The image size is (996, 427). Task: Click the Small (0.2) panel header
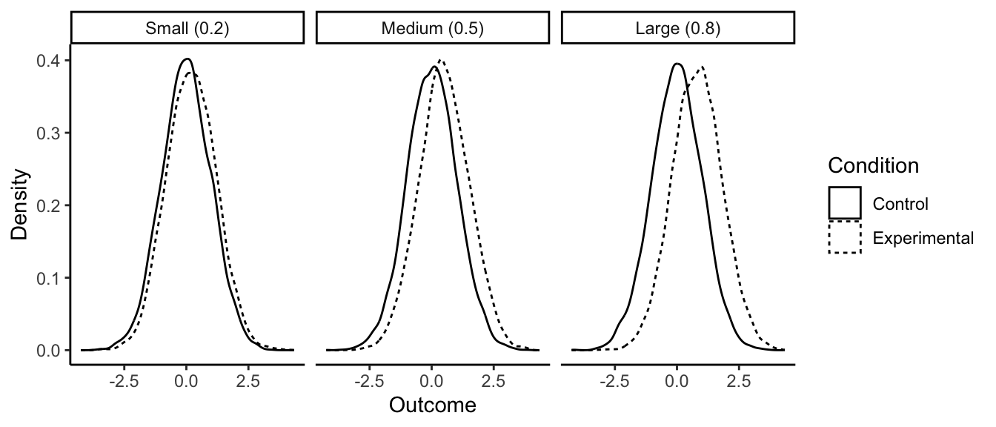click(x=187, y=30)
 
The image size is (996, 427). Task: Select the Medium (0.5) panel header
click(x=432, y=30)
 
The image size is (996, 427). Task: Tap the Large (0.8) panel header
click(x=677, y=30)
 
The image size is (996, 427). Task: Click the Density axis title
click(x=20, y=205)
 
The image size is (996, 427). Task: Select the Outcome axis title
click(x=432, y=406)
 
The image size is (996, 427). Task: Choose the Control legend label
click(x=900, y=203)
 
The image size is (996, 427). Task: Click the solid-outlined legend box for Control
click(x=845, y=203)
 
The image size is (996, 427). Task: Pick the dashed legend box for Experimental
click(x=845, y=237)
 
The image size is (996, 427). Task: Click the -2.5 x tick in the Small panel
click(x=124, y=381)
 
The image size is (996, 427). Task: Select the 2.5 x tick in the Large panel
click(x=739, y=381)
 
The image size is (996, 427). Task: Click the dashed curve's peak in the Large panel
click(x=700, y=67)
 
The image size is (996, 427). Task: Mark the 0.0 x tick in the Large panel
click(x=677, y=381)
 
